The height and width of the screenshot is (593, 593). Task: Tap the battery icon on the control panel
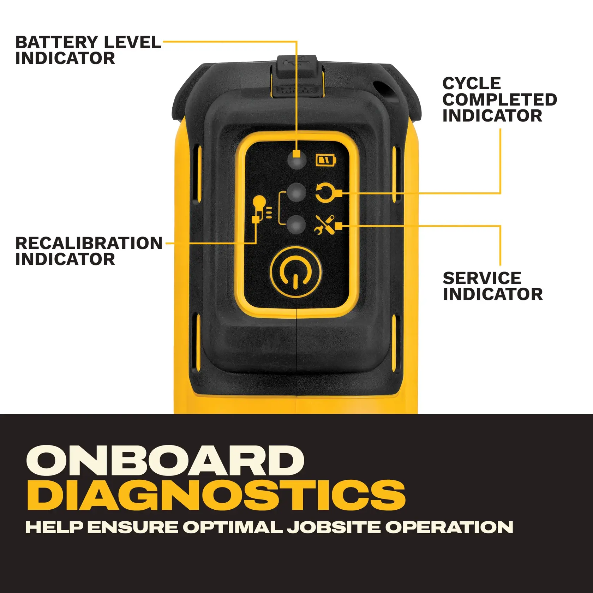[x=325, y=161]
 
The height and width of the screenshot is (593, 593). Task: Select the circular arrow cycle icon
[x=325, y=193]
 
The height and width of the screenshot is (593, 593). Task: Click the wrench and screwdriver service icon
[x=324, y=225]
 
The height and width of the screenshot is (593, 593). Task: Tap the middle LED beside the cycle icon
[x=296, y=193]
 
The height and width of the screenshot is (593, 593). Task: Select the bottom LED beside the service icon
[x=296, y=225]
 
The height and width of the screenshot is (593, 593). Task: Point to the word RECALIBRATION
[x=89, y=243]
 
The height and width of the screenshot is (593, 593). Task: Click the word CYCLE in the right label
[x=472, y=84]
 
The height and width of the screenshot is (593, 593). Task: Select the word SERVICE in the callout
[x=482, y=278]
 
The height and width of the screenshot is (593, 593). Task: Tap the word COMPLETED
[x=499, y=100]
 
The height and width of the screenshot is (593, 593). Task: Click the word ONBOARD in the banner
[x=165, y=461]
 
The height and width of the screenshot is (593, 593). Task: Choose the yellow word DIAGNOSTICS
[x=216, y=495]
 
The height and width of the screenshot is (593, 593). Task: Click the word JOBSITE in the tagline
[x=333, y=527]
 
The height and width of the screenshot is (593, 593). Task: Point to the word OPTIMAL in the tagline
[x=233, y=527]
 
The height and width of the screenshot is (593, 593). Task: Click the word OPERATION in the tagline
[x=449, y=527]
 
